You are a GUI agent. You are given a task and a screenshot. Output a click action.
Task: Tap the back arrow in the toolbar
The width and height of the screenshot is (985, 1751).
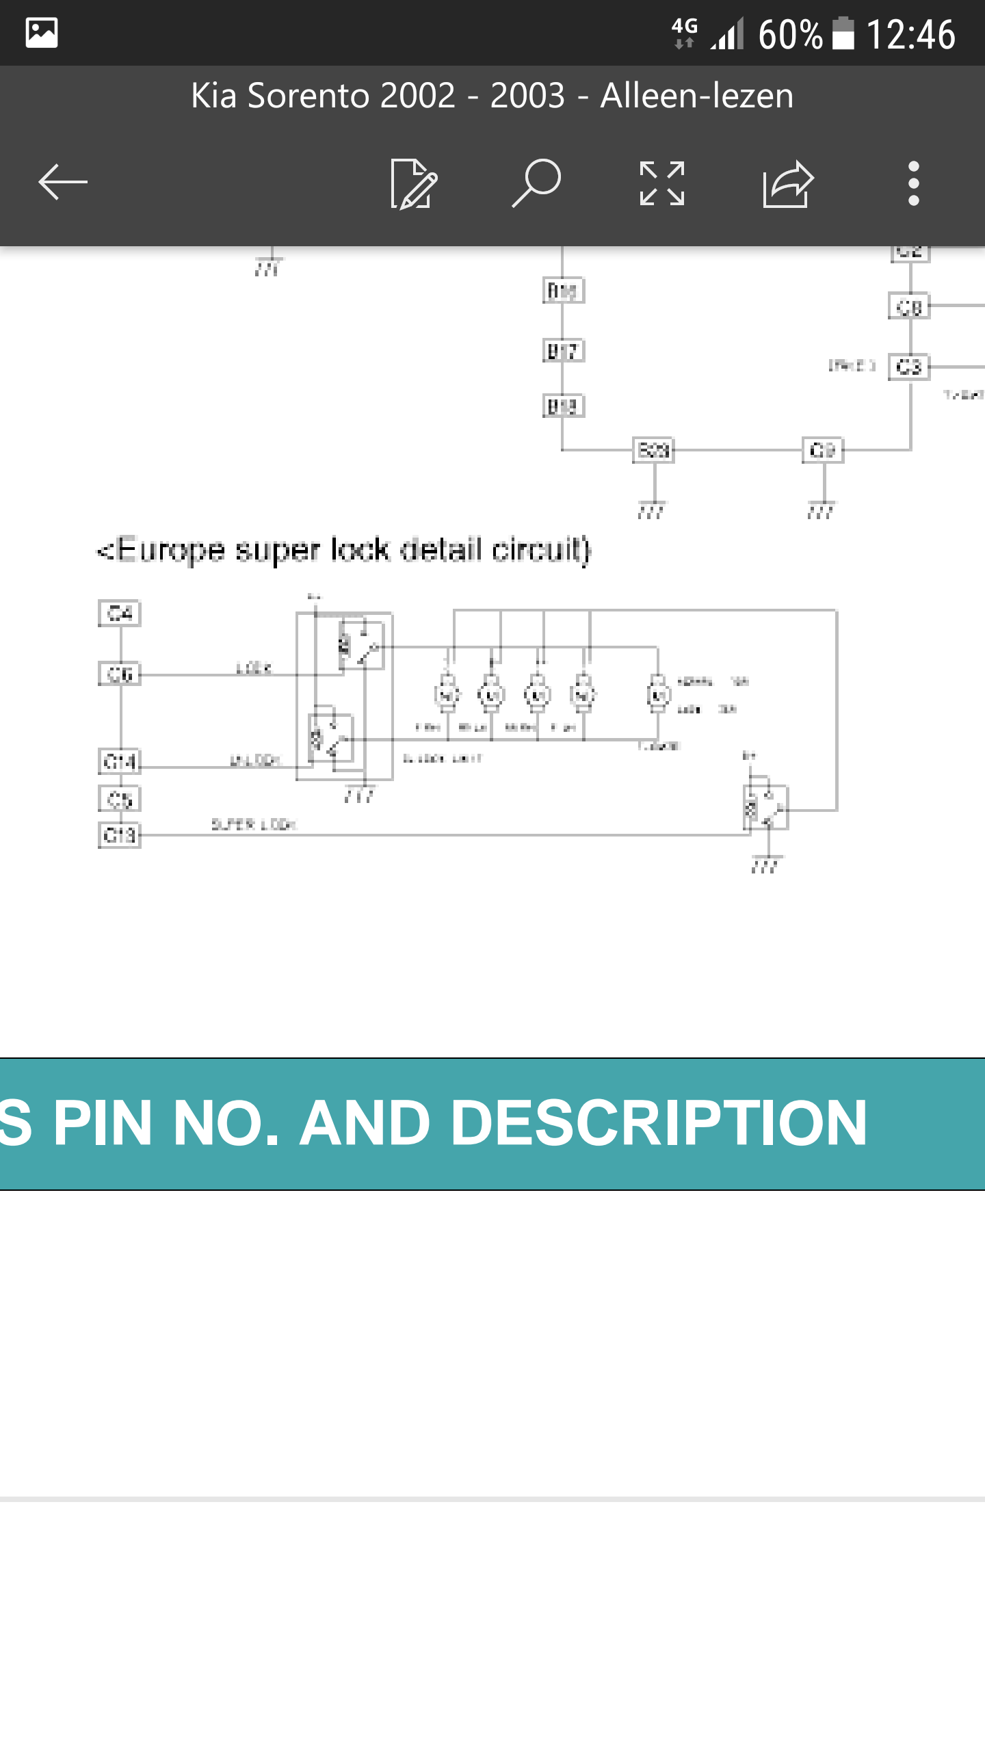pyautogui.click(x=63, y=182)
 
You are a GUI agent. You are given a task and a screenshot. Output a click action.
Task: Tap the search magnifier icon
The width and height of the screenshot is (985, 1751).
pyautogui.click(x=537, y=182)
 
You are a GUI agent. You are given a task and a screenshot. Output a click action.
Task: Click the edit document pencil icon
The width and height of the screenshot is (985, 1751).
pyautogui.click(x=413, y=183)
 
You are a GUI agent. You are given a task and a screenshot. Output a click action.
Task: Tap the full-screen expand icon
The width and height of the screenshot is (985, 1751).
pyautogui.click(x=661, y=183)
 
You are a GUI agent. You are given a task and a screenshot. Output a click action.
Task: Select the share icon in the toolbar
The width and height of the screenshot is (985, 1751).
pyautogui.click(x=788, y=183)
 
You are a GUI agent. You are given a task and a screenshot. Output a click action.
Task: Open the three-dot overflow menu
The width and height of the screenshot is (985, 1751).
pyautogui.click(x=913, y=183)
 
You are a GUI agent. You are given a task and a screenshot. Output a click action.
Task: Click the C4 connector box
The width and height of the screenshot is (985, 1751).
pyautogui.click(x=120, y=613)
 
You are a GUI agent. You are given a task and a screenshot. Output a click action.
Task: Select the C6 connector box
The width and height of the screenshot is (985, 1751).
pyautogui.click(x=120, y=674)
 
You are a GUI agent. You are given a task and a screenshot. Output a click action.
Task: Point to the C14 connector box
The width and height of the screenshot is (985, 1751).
pyautogui.click(x=120, y=761)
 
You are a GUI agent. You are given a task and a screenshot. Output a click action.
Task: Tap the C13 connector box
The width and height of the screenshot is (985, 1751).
pyautogui.click(x=120, y=835)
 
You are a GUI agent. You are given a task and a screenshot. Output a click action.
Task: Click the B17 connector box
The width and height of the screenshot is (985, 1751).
pyautogui.click(x=563, y=351)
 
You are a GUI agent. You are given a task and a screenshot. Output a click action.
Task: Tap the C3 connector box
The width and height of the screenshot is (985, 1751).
pyautogui.click(x=909, y=367)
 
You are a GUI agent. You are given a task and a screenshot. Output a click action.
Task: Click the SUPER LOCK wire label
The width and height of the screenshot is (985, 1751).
pyautogui.click(x=253, y=824)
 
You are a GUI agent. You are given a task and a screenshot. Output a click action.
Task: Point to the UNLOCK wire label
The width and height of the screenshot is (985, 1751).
pyautogui.click(x=254, y=760)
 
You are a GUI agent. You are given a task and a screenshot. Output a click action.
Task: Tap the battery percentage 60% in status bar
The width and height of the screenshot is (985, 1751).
pyautogui.click(x=790, y=34)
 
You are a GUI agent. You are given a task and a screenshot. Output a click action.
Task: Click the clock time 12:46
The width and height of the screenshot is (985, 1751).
pyautogui.click(x=910, y=34)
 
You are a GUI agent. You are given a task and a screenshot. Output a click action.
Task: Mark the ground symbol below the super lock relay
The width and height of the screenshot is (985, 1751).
pyautogui.click(x=765, y=865)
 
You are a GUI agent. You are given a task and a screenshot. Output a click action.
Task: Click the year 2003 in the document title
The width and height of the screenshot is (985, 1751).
pyautogui.click(x=527, y=96)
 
